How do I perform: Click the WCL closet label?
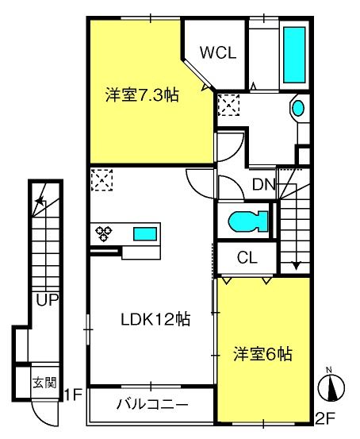tap(216, 53)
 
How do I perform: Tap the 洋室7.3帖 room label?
tap(142, 96)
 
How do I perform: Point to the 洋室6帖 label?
tap(262, 353)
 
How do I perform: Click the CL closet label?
tap(246, 257)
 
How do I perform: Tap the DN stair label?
tap(263, 186)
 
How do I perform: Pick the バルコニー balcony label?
tap(153, 404)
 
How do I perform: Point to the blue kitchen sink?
tap(144, 233)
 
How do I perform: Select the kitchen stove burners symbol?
tap(104, 233)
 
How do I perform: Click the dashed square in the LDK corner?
tap(101, 179)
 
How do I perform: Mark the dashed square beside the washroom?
tap(230, 104)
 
